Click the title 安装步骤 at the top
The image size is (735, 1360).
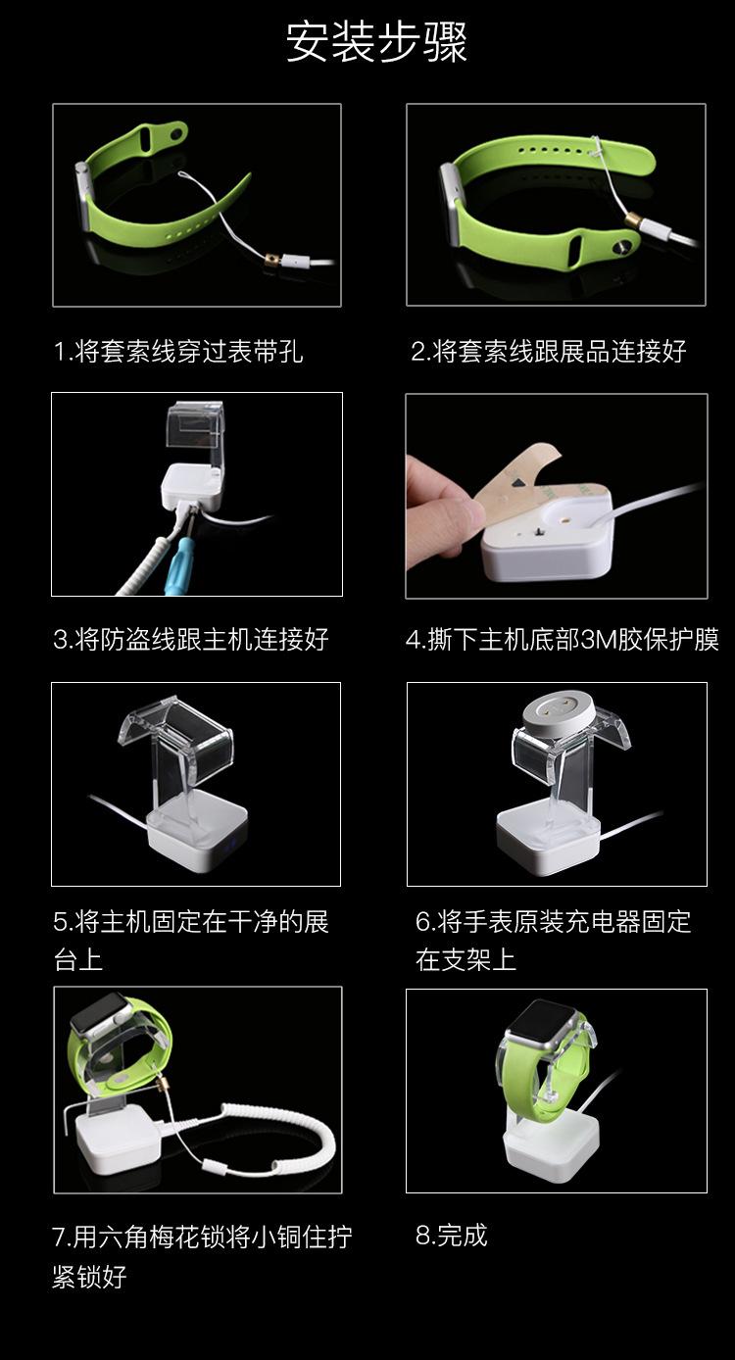pos(376,43)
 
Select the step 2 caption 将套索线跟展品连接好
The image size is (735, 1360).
pos(548,352)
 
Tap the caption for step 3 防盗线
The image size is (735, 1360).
pos(190,641)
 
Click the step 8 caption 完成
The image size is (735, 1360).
pos(451,1236)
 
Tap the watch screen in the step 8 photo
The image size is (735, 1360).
pos(542,1024)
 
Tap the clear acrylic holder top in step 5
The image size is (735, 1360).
pos(176,725)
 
